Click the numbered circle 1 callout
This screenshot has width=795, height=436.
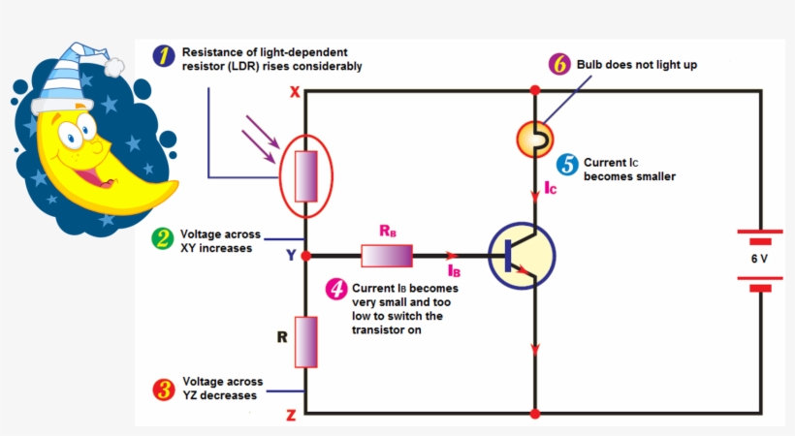(166, 57)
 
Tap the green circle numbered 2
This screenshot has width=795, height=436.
(164, 239)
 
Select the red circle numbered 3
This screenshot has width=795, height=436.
(165, 389)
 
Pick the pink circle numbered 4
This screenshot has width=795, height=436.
(335, 289)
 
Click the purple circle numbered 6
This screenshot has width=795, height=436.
(559, 65)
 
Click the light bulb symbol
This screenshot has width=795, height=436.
(533, 140)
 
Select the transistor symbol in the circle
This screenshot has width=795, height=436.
(522, 257)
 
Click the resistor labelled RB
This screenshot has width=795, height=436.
(387, 256)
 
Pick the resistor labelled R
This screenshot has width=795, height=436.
(306, 340)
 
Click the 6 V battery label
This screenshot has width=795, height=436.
(759, 260)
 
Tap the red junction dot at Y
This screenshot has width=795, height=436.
(306, 256)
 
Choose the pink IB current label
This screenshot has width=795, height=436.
(454, 271)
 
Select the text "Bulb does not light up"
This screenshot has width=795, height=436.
(637, 65)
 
